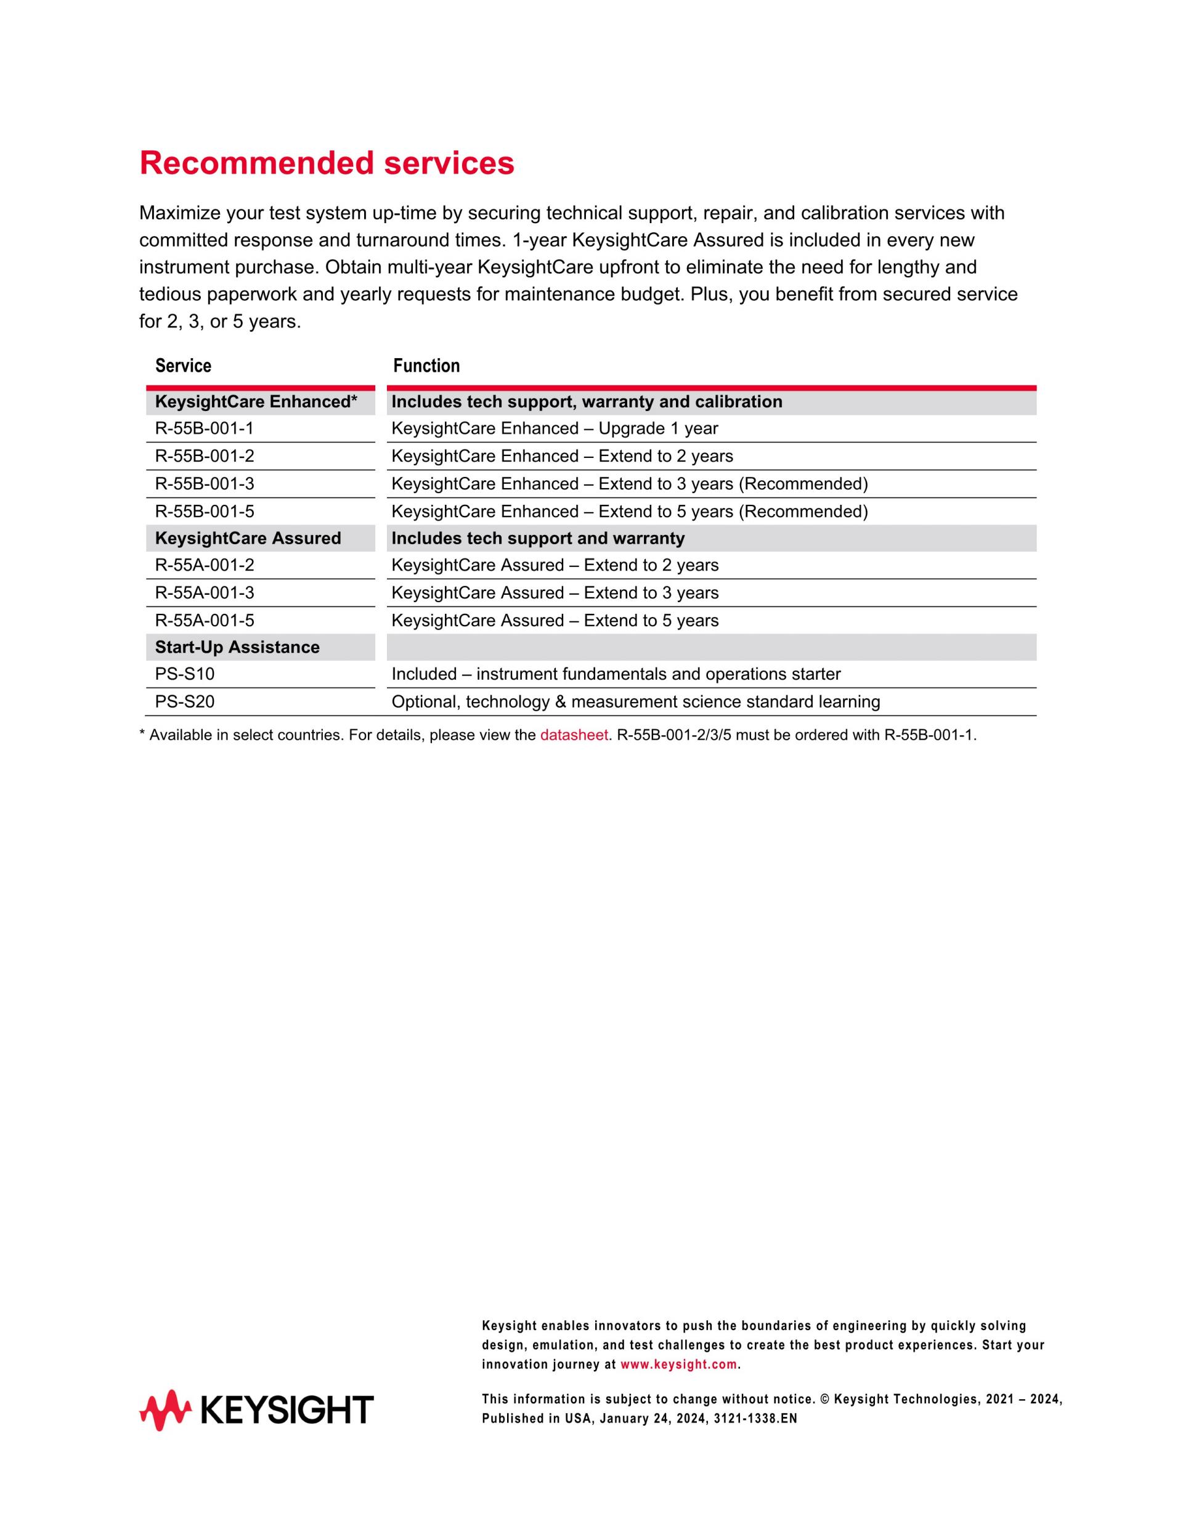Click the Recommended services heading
coord(327,163)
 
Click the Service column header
coord(183,366)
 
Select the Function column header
coord(426,366)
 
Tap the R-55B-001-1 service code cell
coord(205,428)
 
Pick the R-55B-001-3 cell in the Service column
coord(205,484)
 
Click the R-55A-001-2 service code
coord(205,565)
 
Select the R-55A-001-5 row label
coord(205,621)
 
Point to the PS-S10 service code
coord(185,674)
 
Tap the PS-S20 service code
coord(185,701)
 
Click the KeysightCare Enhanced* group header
coord(256,402)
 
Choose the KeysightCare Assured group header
coord(248,538)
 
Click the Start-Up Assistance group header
coord(237,647)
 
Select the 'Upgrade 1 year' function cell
coord(555,428)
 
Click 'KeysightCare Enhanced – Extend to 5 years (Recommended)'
coord(629,512)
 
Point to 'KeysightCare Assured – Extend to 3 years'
coord(555,593)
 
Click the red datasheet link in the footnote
coord(573,735)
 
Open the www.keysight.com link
coord(678,1365)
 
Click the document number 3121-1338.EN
coord(755,1419)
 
